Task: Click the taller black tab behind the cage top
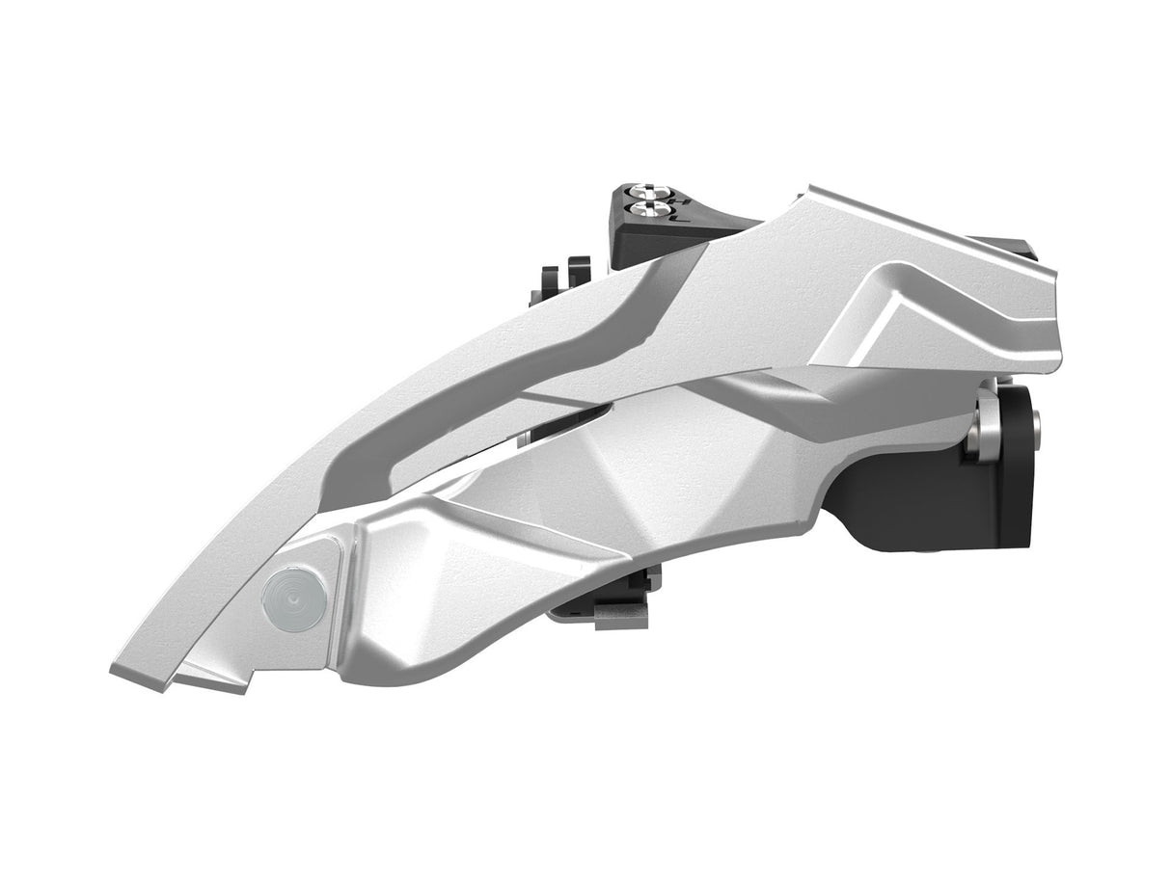[578, 271]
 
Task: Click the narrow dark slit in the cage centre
[569, 420]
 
